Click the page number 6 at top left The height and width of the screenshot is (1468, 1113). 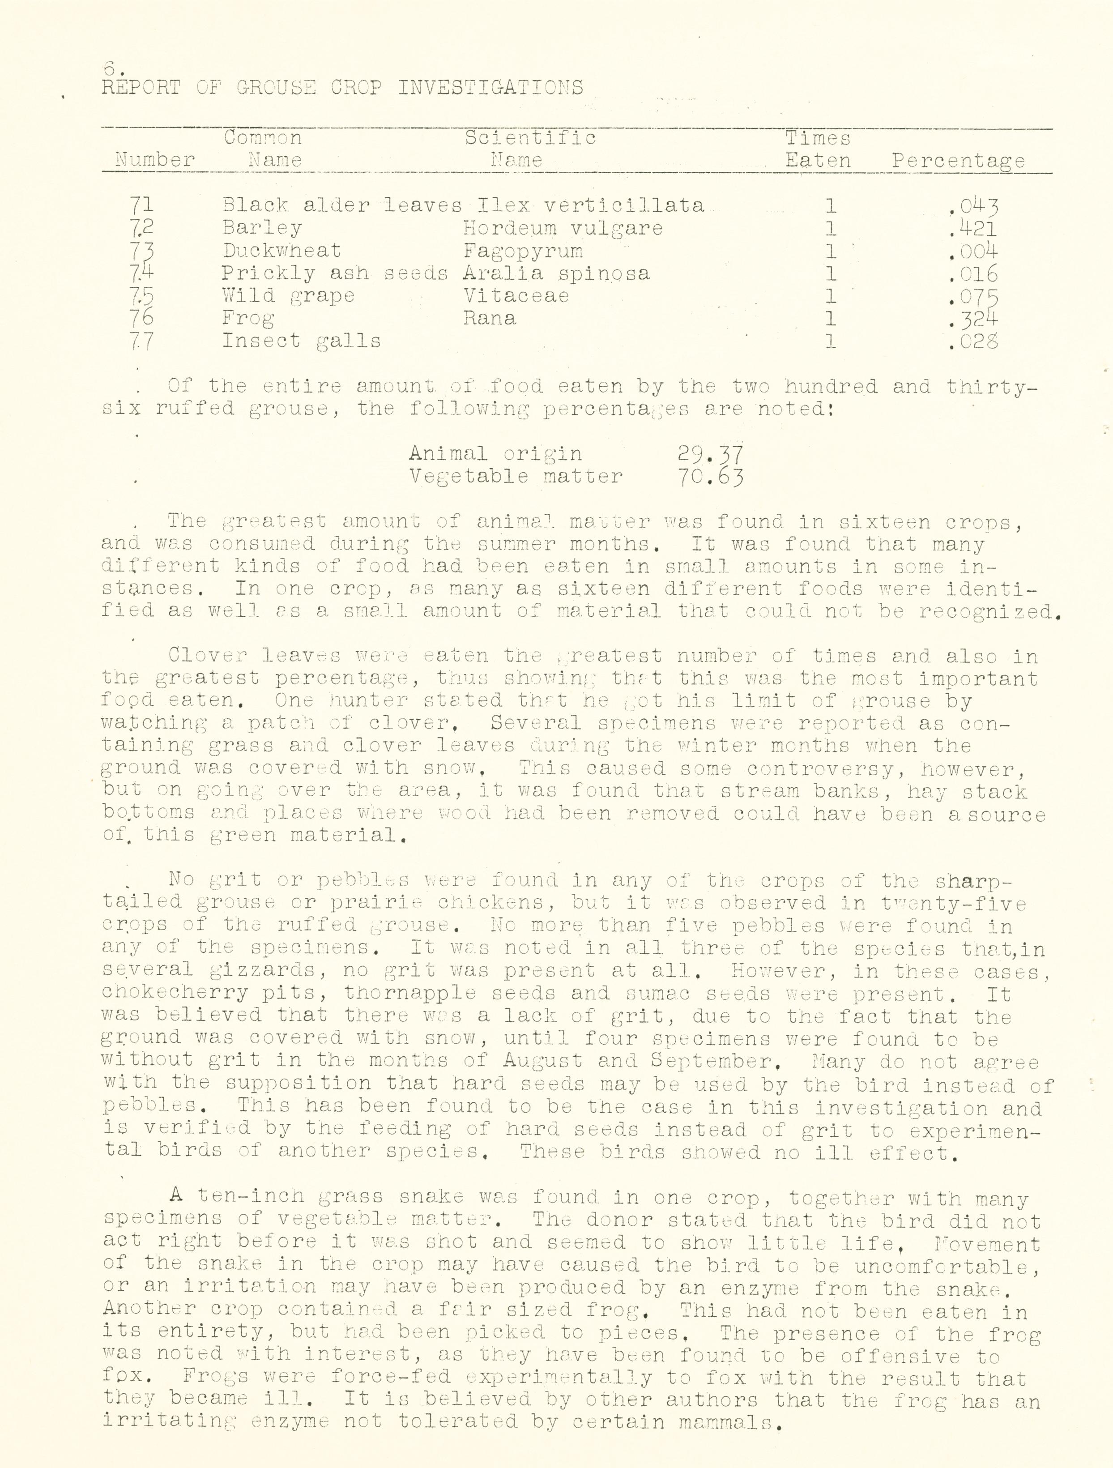[x=110, y=67]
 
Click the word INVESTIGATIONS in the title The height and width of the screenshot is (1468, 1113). [x=490, y=88]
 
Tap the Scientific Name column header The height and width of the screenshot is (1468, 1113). [x=529, y=149]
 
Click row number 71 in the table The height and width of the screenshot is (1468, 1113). [x=143, y=206]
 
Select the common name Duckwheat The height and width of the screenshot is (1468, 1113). [x=281, y=251]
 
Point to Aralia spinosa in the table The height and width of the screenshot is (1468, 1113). [x=556, y=273]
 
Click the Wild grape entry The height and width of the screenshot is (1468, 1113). [x=288, y=296]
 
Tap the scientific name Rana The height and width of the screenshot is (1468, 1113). [x=489, y=319]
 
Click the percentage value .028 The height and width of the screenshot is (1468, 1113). [x=973, y=341]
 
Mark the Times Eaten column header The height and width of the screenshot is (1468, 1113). [x=818, y=149]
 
